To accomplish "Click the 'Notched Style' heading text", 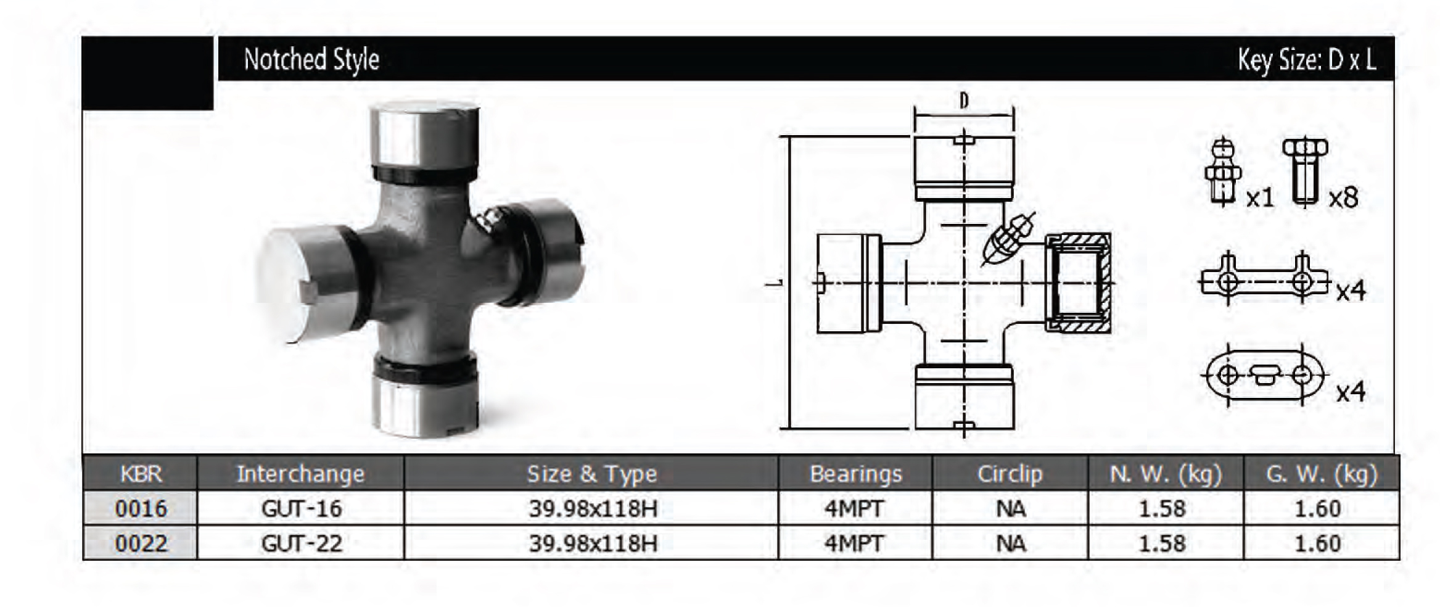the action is (x=311, y=60).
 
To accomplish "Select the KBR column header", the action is (x=141, y=474).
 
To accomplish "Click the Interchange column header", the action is (x=301, y=474).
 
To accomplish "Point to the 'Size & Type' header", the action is (x=592, y=474).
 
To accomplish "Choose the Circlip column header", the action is (x=1010, y=474).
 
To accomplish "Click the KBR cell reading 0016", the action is (x=141, y=508).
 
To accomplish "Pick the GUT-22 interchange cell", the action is (x=301, y=543).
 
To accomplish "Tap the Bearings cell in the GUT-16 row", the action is (x=854, y=508).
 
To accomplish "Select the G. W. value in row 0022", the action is (x=1317, y=543).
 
